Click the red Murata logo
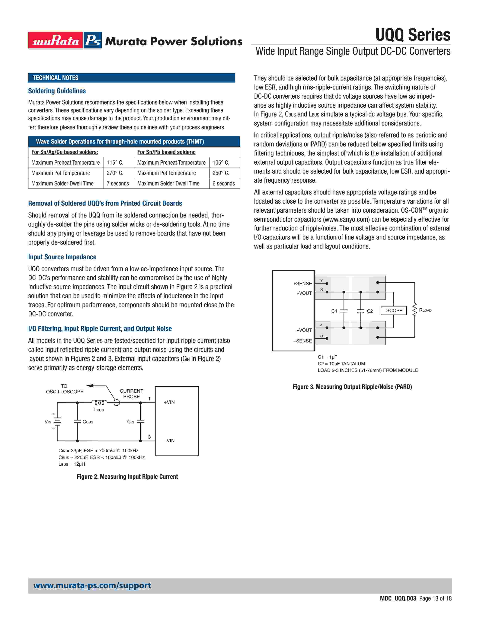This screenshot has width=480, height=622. pyautogui.click(x=56, y=40)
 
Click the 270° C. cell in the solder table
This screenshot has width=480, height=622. pyautogui.click(x=115, y=173)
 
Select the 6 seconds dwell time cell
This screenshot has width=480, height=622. pyautogui.click(x=223, y=183)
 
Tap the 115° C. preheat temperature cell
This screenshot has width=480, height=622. pyautogui.click(x=115, y=163)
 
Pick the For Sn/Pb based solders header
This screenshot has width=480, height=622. pyautogui.click(x=166, y=152)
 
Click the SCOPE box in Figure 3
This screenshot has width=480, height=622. pyautogui.click(x=394, y=310)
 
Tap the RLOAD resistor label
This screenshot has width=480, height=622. pyautogui.click(x=425, y=310)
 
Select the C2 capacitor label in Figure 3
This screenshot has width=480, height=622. pyautogui.click(x=370, y=311)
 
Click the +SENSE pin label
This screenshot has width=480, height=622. pyautogui.click(x=302, y=283)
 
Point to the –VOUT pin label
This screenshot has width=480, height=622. pyautogui.click(x=304, y=330)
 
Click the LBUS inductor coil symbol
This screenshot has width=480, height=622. pyautogui.click(x=99, y=402)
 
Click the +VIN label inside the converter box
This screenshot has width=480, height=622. pyautogui.click(x=169, y=402)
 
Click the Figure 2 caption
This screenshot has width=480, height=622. pyautogui.click(x=127, y=476)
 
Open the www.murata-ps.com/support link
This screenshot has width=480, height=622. pyautogui.click(x=92, y=586)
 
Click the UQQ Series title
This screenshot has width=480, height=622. pyautogui.click(x=413, y=35)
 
